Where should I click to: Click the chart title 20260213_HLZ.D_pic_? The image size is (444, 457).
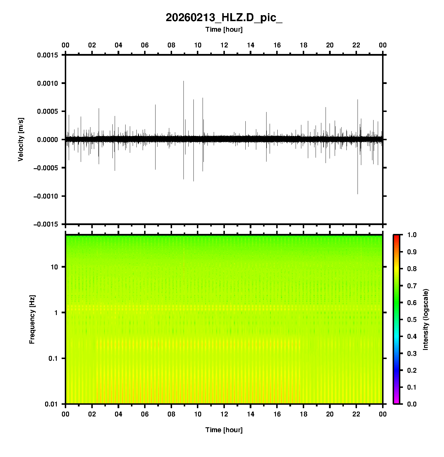point(224,18)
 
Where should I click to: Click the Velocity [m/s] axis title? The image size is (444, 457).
point(21,139)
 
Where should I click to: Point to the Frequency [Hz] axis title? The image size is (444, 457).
point(32,319)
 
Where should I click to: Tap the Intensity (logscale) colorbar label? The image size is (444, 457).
point(426,319)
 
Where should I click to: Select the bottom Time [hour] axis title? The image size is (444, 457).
point(224,430)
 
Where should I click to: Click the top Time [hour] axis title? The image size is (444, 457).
point(224,29)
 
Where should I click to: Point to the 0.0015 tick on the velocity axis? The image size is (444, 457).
point(47,55)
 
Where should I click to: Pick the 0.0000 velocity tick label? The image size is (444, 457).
point(47,140)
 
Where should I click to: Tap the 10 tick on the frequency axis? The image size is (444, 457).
point(54,267)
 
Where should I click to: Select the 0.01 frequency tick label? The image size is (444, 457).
point(52,404)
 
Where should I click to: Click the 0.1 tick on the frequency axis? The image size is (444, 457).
point(53,358)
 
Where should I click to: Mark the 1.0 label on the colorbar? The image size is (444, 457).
point(412,235)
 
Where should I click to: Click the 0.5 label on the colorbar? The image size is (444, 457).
point(412,319)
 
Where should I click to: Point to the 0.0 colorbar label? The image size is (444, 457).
point(412,404)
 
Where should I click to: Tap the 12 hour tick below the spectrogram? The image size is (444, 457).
point(224,414)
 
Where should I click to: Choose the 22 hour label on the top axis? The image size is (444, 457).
point(356,45)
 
